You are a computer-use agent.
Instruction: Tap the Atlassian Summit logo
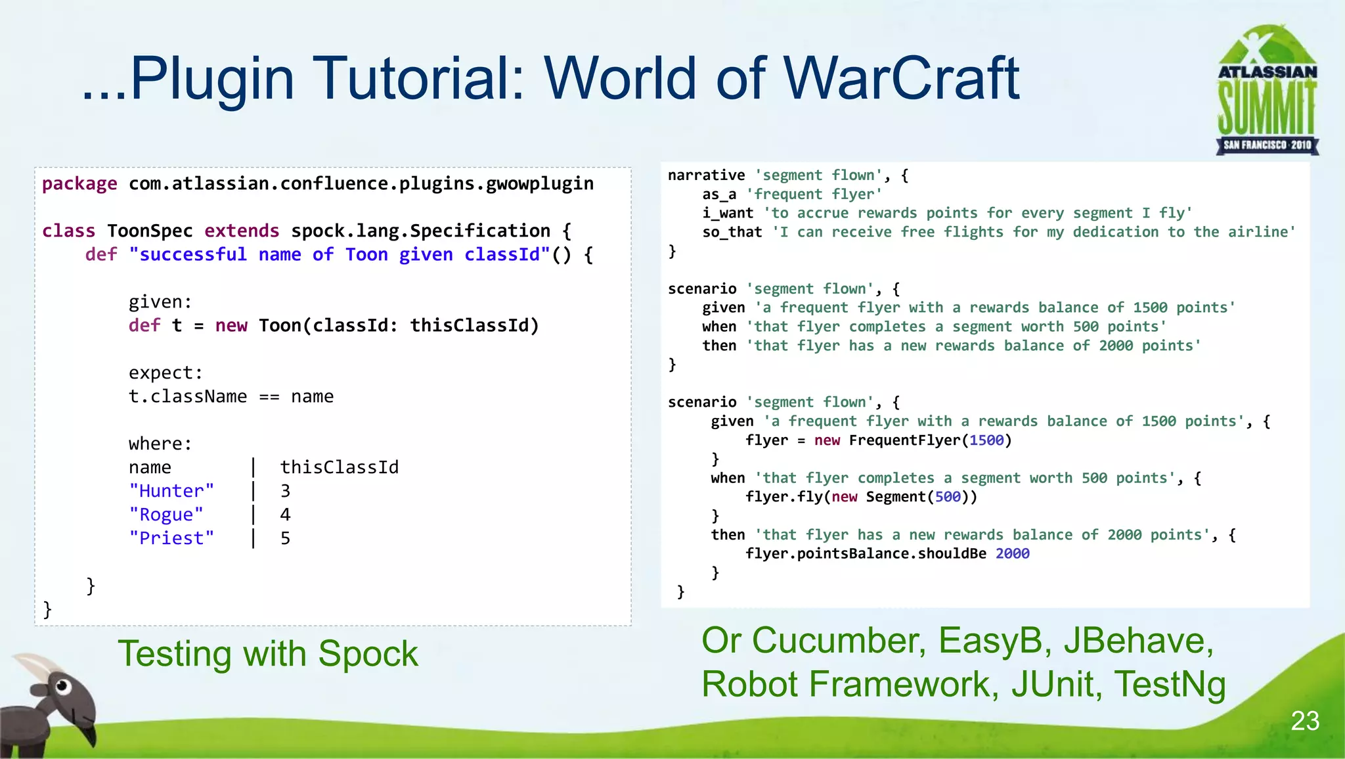click(1267, 91)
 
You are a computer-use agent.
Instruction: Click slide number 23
click(1304, 721)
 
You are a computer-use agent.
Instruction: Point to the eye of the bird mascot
click(62, 687)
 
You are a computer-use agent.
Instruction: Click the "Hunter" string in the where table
click(171, 491)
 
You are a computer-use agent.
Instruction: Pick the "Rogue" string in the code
click(166, 515)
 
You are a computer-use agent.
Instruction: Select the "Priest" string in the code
click(171, 538)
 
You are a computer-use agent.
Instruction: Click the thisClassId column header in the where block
click(339, 467)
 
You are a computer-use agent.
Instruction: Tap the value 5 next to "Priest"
click(285, 538)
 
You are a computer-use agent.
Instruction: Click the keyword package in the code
click(79, 184)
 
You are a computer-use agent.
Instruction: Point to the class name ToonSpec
click(150, 231)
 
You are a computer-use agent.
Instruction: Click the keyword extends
click(242, 231)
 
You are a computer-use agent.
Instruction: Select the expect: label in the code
click(165, 373)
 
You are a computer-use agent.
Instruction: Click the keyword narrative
click(706, 175)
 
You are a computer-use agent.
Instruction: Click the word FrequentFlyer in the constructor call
click(904, 440)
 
